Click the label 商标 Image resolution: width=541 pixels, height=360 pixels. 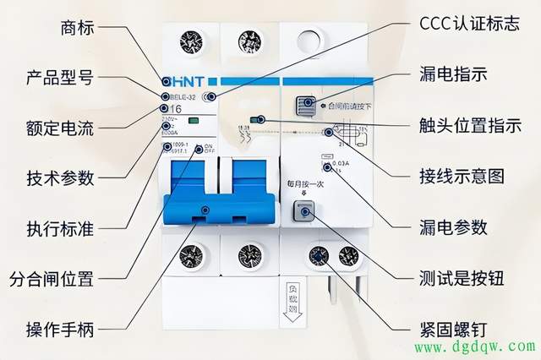(78, 29)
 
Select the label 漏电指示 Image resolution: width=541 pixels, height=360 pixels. (453, 74)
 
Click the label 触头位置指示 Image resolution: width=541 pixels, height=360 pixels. (470, 125)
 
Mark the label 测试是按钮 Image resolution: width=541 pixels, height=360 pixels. (462, 277)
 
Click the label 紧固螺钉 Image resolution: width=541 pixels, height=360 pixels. (453, 327)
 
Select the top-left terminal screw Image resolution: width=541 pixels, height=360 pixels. (190, 41)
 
